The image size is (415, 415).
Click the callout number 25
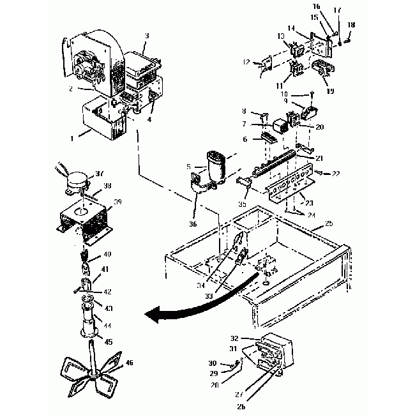coord(329,225)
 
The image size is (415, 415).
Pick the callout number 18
coord(351,24)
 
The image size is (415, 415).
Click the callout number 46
coord(130,363)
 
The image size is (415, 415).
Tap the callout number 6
coord(245,139)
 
